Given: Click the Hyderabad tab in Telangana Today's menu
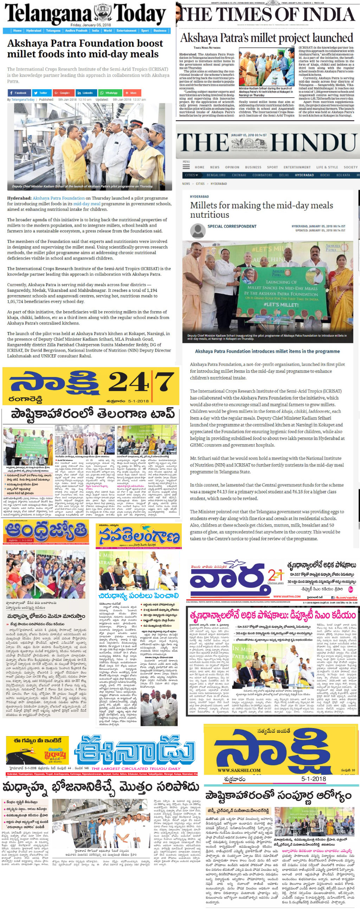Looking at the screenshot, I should coord(33,31).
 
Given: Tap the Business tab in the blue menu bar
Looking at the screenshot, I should coord(160,31).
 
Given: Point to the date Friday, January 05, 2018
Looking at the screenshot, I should coord(91,25).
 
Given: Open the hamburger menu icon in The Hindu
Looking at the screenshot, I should coord(186,166).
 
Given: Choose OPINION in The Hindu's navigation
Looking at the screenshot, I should coord(232,167).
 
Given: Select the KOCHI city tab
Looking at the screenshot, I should coord(325,175).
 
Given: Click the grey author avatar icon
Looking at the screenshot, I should coord(198,230).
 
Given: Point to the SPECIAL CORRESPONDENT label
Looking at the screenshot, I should coord(232,226).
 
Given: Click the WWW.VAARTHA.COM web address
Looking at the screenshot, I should coord(287,596).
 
